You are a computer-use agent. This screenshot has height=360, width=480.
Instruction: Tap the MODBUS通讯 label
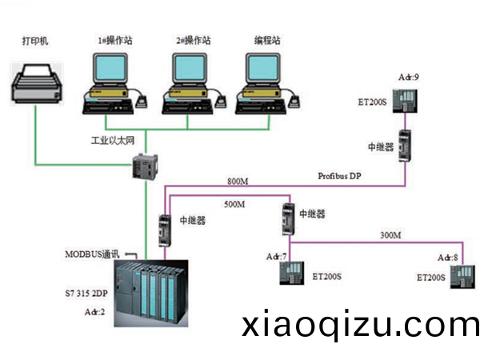click(92, 254)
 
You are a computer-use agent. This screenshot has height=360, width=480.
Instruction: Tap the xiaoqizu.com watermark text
click(360, 326)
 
